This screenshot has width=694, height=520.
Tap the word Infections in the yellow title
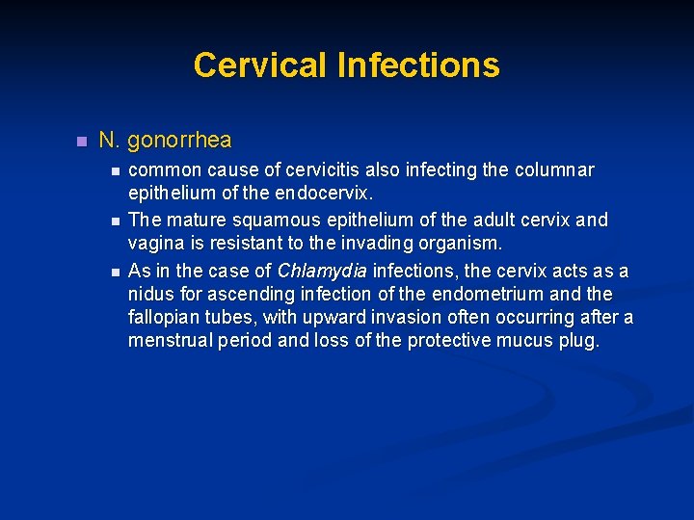click(x=417, y=65)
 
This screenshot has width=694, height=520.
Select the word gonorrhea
click(x=179, y=140)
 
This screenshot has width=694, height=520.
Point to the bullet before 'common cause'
click(x=115, y=171)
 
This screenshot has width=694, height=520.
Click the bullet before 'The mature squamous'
click(x=115, y=221)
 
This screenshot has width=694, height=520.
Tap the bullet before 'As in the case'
click(x=115, y=270)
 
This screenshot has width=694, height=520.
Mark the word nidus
click(x=152, y=294)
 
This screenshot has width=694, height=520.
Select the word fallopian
click(x=167, y=318)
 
